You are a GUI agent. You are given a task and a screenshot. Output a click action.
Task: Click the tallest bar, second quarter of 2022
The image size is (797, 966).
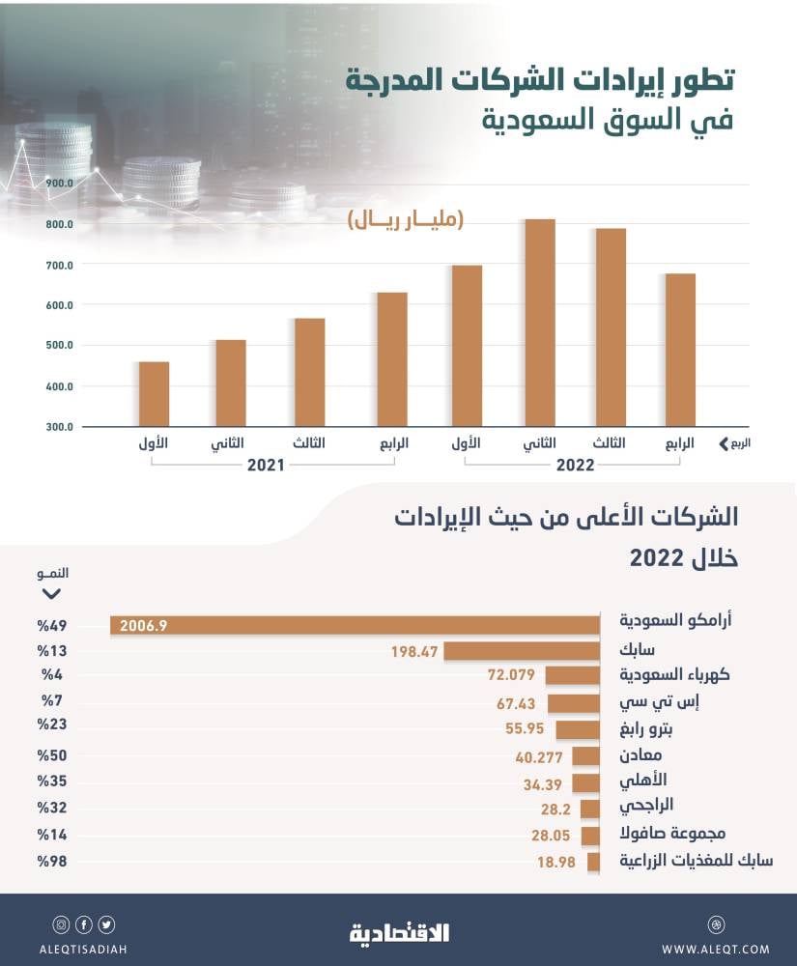click(x=539, y=323)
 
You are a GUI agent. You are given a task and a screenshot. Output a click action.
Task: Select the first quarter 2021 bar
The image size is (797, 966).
click(x=154, y=394)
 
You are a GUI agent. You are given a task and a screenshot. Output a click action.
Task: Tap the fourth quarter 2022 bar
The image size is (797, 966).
click(x=680, y=350)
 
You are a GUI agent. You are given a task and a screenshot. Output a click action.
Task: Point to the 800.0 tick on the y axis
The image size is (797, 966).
click(x=59, y=224)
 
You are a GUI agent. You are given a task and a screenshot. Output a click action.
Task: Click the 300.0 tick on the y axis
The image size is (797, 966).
click(x=59, y=427)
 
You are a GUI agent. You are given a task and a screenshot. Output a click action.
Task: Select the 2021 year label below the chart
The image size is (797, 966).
click(x=266, y=465)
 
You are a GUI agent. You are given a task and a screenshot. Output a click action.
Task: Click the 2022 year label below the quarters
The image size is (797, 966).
click(x=575, y=465)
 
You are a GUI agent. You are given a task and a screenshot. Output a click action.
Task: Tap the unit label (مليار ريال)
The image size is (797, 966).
click(x=406, y=220)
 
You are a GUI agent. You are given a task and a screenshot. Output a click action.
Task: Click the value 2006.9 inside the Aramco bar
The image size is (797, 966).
click(x=144, y=626)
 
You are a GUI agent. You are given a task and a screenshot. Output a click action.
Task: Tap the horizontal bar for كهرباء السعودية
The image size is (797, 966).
click(x=573, y=674)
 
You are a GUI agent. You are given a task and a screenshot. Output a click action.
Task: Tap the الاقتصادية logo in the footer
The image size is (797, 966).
click(x=399, y=933)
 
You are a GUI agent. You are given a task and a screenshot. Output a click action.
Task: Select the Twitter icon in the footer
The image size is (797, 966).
click(x=106, y=924)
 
